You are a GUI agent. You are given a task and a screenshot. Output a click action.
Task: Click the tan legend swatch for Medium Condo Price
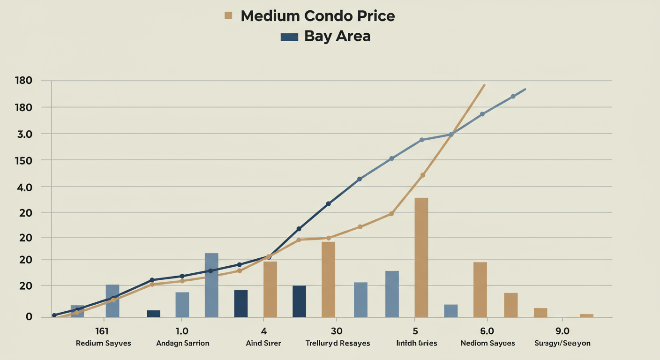click(229, 15)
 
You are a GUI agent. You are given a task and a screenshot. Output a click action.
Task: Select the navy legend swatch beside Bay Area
click(289, 37)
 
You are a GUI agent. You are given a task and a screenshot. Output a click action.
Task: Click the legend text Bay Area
click(337, 36)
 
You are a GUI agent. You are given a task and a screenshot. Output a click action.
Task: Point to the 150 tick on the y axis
click(23, 161)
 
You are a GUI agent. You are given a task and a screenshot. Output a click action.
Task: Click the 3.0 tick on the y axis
click(23, 134)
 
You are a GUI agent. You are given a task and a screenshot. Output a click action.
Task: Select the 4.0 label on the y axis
click(23, 187)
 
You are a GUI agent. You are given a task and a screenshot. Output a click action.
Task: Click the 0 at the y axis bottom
click(29, 317)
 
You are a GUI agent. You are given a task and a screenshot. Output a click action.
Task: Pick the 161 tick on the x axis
click(102, 331)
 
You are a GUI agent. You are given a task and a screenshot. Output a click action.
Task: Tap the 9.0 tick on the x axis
click(562, 331)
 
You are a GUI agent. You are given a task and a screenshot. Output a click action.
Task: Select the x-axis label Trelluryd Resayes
click(337, 343)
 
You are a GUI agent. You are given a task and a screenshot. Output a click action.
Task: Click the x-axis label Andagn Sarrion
click(182, 343)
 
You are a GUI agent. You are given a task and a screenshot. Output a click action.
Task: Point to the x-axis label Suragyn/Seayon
click(562, 343)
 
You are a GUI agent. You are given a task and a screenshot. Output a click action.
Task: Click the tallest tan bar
click(421, 257)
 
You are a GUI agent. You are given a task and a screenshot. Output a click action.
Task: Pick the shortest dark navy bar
click(153, 314)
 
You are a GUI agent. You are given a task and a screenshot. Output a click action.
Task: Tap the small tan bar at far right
click(586, 315)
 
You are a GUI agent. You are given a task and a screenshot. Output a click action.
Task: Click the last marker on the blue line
click(513, 97)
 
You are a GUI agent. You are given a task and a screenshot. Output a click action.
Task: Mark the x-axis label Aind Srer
click(263, 343)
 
